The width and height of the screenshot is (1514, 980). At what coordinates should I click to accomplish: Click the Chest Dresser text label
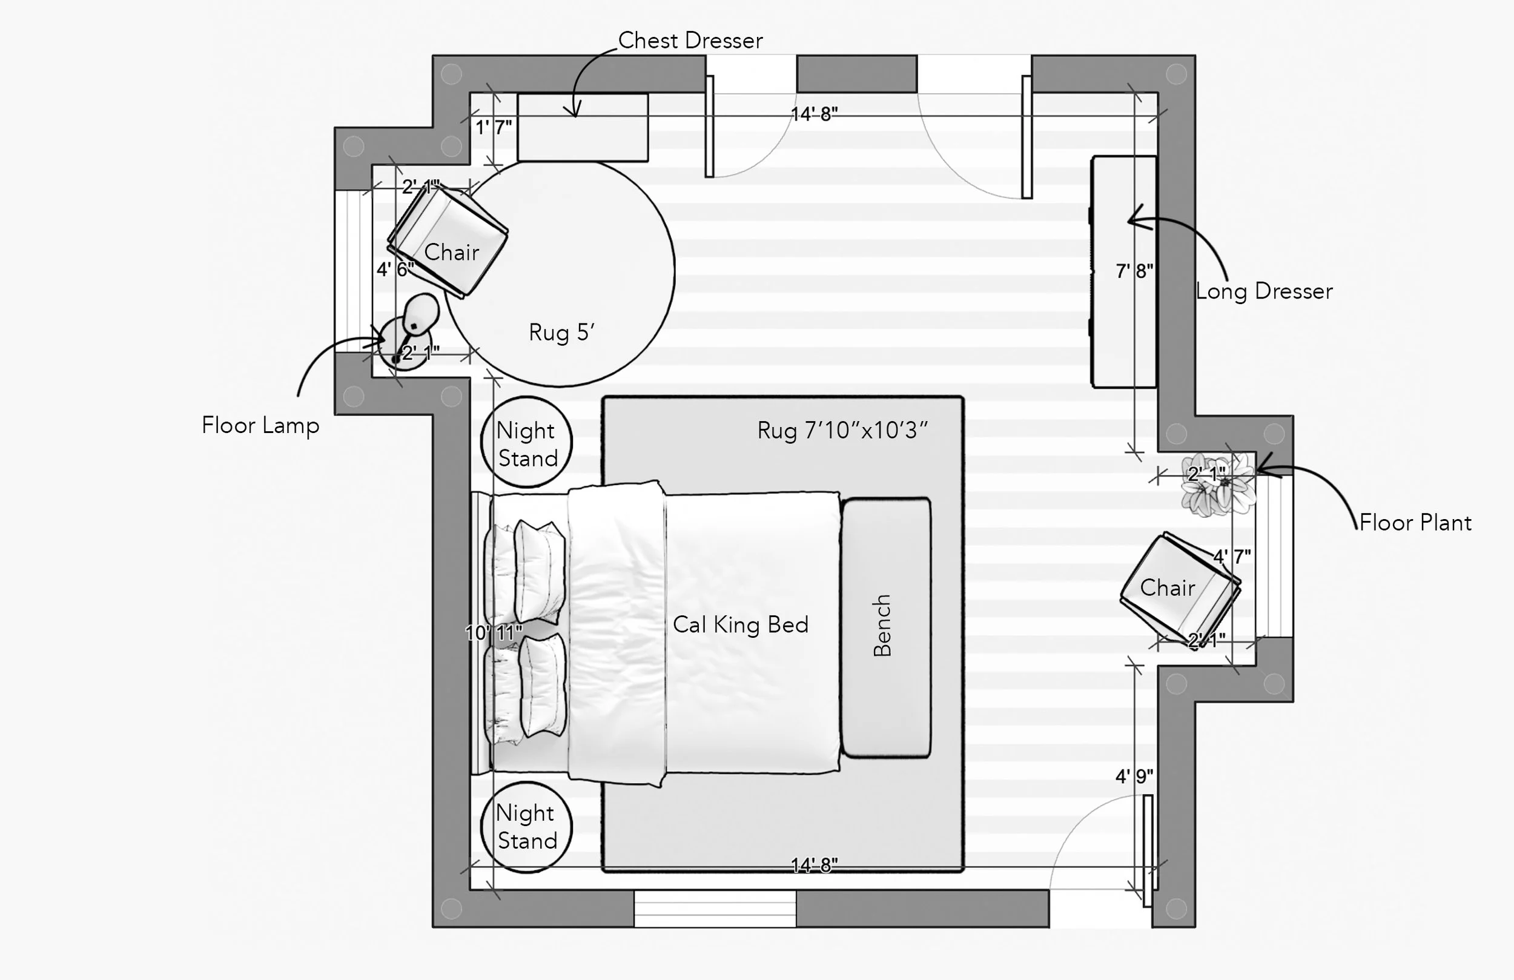click(x=690, y=41)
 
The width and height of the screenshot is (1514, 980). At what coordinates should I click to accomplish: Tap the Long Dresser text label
click(x=1264, y=291)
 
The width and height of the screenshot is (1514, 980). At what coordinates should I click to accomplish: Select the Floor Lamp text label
click(x=260, y=426)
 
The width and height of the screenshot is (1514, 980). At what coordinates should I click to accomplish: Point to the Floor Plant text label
click(x=1415, y=523)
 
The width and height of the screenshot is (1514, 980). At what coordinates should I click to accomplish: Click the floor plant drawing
click(x=1218, y=483)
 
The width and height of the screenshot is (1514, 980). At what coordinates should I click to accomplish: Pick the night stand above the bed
click(x=526, y=442)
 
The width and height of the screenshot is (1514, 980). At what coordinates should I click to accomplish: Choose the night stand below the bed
click(x=526, y=827)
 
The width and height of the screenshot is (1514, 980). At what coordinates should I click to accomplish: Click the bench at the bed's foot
click(x=886, y=627)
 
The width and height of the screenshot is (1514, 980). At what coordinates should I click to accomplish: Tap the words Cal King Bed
click(x=741, y=625)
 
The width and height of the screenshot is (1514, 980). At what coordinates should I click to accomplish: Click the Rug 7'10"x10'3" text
click(x=842, y=431)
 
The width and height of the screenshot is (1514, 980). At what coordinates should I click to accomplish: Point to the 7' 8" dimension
click(x=1134, y=271)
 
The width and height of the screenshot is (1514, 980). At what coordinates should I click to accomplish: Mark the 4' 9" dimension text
click(x=1134, y=776)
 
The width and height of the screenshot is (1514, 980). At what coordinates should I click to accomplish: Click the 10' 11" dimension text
click(x=494, y=632)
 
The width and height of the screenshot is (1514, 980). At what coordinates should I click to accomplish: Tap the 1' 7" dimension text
click(x=494, y=127)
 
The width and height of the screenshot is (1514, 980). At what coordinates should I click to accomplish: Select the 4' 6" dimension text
click(x=395, y=269)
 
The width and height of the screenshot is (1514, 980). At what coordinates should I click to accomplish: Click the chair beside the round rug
click(x=448, y=242)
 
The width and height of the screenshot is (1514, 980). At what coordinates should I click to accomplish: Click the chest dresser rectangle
click(x=583, y=127)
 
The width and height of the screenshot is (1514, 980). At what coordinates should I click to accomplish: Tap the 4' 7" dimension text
click(x=1232, y=557)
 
